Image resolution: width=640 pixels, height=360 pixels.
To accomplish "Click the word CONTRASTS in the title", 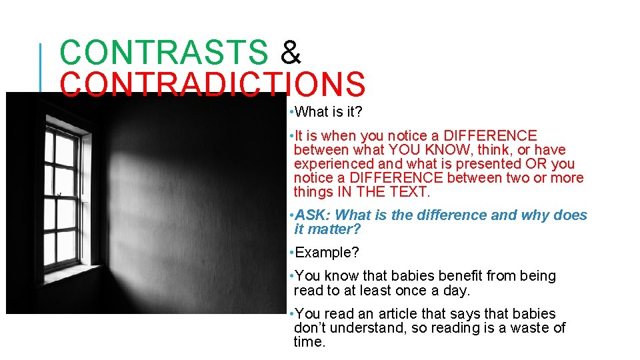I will click(163, 53).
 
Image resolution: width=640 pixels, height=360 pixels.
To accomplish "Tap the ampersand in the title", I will click(291, 53).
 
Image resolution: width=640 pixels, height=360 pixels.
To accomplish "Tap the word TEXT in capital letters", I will click(410, 192).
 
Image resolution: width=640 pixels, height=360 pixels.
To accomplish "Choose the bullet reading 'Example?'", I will click(327, 253).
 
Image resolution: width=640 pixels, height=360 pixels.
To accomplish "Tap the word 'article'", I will click(401, 313).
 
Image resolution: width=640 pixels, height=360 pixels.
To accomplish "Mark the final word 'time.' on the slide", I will click(309, 342).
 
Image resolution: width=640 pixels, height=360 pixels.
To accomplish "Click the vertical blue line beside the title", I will click(41, 67).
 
